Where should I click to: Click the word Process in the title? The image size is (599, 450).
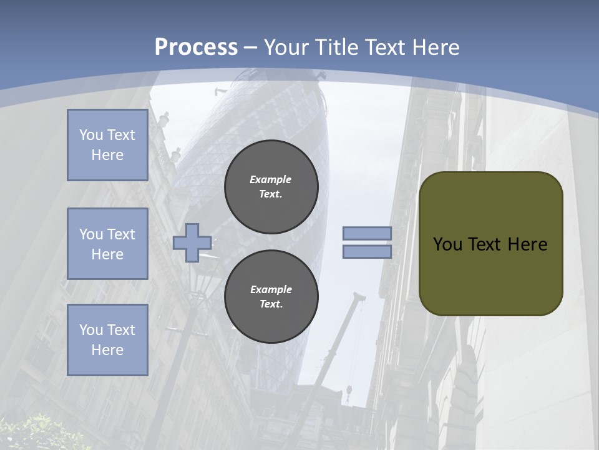pyautogui.click(x=196, y=47)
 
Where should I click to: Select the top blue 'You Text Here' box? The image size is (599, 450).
pyautogui.click(x=107, y=145)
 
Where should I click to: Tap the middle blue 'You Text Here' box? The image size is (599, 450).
pyautogui.click(x=107, y=244)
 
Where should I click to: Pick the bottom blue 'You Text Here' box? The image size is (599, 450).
pyautogui.click(x=107, y=339)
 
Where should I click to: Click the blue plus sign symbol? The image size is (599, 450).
pyautogui.click(x=192, y=242)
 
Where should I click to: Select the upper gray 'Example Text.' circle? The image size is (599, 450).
pyautogui.click(x=271, y=187)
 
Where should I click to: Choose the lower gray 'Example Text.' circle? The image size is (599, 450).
pyautogui.click(x=271, y=297)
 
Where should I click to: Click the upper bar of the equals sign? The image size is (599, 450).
pyautogui.click(x=367, y=234)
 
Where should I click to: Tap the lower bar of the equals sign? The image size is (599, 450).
pyautogui.click(x=367, y=251)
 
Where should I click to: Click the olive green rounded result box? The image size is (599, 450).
pyautogui.click(x=490, y=275)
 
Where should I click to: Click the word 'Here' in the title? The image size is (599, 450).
pyautogui.click(x=436, y=47)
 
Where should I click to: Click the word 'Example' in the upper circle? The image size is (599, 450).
pyautogui.click(x=271, y=179)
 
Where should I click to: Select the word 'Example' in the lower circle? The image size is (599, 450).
pyautogui.click(x=271, y=289)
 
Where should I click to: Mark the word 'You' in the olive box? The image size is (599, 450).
pyautogui.click(x=447, y=244)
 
